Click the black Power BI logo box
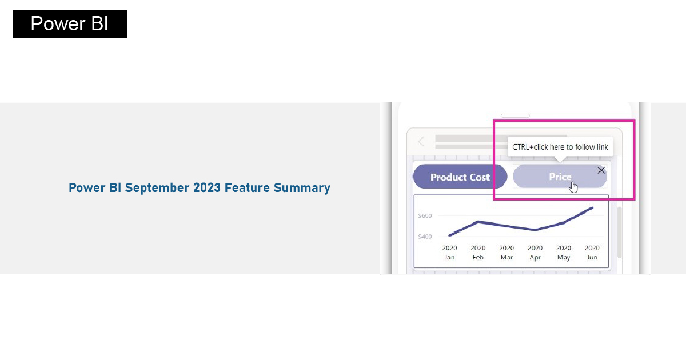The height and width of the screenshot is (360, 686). tap(70, 24)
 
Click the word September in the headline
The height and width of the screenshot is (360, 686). tap(157, 187)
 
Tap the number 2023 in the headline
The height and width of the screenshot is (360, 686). tap(207, 187)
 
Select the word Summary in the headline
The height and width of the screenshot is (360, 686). tap(302, 187)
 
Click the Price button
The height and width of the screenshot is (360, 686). tap(560, 177)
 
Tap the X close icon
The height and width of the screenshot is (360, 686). tap(601, 170)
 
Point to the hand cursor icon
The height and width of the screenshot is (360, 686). tap(573, 187)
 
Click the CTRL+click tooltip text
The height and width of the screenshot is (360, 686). tap(560, 147)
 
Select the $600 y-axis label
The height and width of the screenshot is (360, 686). tap(425, 216)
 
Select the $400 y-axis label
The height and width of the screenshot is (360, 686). tap(425, 237)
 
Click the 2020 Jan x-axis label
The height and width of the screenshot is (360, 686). tap(449, 253)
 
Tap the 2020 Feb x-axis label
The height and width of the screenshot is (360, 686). tap(478, 253)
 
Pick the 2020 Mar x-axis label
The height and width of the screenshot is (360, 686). tap(506, 253)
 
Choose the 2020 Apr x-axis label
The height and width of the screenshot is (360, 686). tap(535, 253)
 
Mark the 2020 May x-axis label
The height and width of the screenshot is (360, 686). tap(564, 253)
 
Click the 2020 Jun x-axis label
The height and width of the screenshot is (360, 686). tap(592, 253)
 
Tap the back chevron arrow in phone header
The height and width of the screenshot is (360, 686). tap(421, 142)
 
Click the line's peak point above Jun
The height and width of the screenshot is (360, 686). tap(592, 208)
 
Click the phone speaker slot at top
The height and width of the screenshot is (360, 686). tap(515, 115)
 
